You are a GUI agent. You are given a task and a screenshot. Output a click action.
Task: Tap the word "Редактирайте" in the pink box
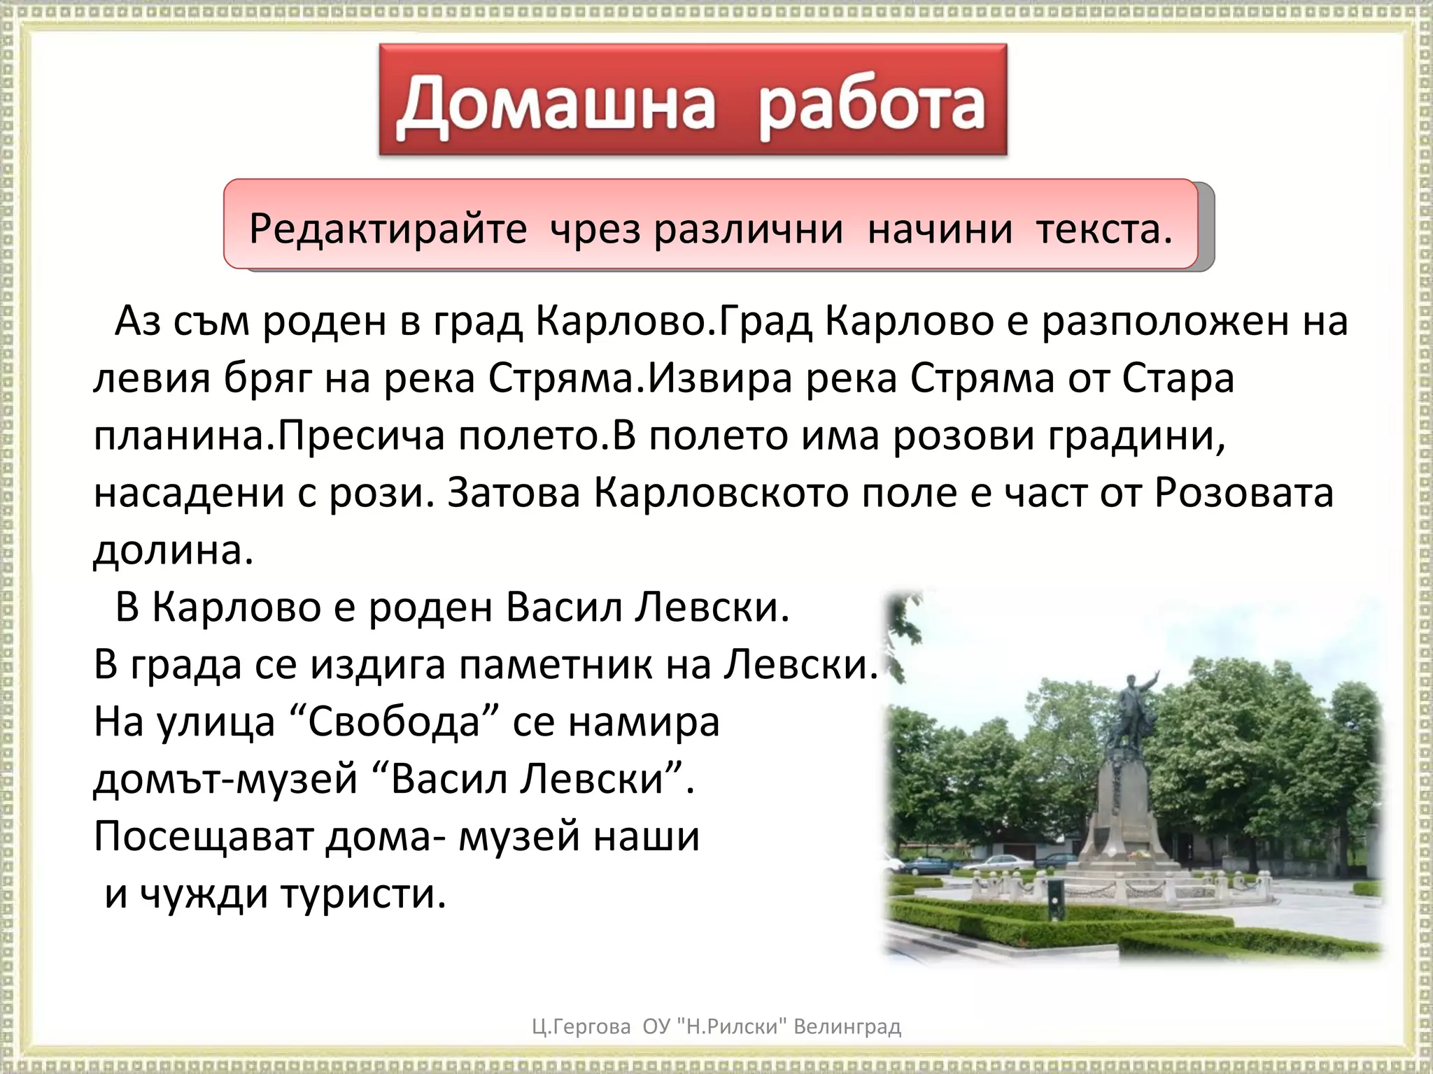tap(388, 229)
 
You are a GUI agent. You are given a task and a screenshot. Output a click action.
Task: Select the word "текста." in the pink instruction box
tap(1104, 229)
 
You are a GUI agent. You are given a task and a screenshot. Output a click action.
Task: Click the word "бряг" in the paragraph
tap(267, 379)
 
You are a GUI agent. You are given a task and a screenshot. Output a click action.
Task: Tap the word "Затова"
tap(514, 493)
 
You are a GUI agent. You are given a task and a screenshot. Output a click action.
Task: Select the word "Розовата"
tap(1244, 493)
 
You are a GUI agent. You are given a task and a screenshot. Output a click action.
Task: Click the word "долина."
tap(173, 550)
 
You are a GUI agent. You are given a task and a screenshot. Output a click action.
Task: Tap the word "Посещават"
tap(203, 836)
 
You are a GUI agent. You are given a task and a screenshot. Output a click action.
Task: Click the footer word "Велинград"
tap(847, 1027)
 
